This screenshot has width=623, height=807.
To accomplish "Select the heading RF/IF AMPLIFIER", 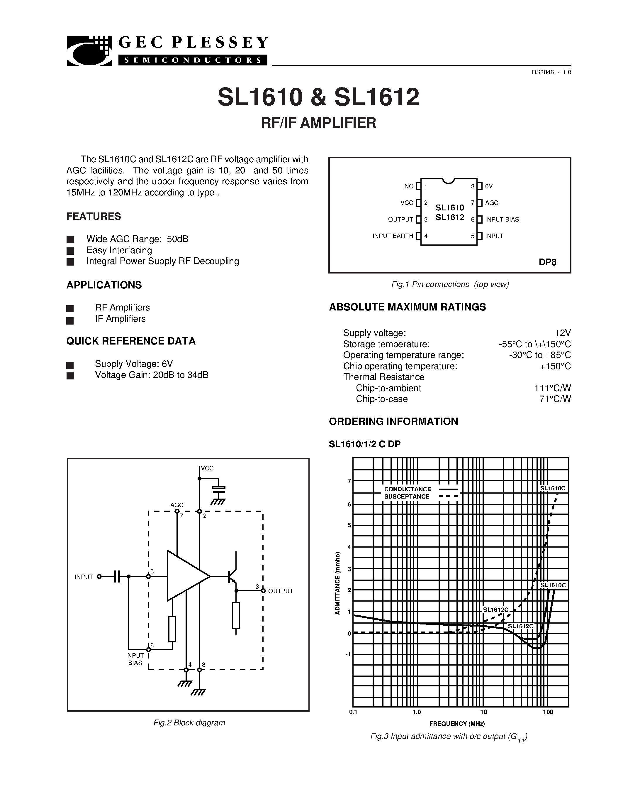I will (318, 123).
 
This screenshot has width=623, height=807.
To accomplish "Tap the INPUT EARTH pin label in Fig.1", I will (393, 236).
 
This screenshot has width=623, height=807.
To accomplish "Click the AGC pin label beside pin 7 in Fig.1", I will (492, 203).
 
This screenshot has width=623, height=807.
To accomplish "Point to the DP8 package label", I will (547, 262).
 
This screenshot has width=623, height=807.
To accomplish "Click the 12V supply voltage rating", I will (563, 333).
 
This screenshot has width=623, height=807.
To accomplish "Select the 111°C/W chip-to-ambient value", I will (553, 388).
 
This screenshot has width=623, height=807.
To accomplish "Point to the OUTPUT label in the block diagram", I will (281, 591).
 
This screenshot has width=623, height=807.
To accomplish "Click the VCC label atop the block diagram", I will (207, 469).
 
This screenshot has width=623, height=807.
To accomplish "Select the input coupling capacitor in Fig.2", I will (117, 576).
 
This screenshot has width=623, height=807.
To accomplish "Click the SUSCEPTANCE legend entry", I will (407, 497).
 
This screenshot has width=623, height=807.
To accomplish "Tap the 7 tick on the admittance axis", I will (349, 481).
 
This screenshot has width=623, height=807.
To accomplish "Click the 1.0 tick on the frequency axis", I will (416, 712).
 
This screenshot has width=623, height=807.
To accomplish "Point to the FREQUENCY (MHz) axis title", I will (457, 723).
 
